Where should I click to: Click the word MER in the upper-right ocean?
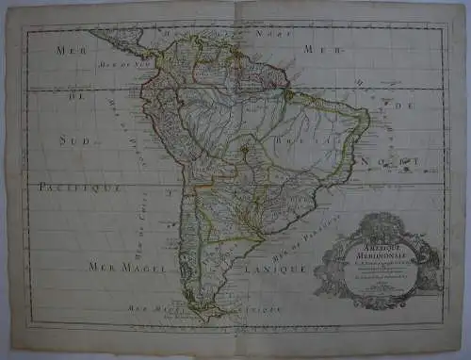point(312,48)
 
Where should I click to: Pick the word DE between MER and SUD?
point(69,94)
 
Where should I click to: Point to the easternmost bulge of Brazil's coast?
point(367,121)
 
